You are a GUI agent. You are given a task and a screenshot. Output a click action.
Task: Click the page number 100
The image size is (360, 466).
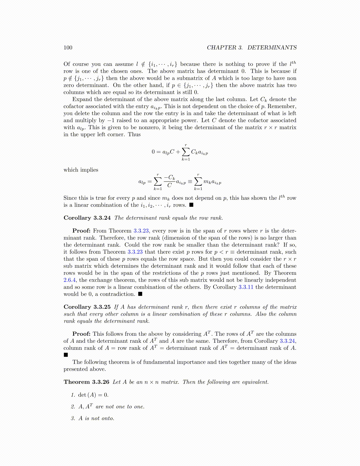(x=68, y=48)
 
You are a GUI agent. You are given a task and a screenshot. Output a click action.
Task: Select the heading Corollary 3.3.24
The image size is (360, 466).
(x=87, y=218)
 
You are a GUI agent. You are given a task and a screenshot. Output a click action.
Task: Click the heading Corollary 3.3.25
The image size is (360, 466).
(x=87, y=307)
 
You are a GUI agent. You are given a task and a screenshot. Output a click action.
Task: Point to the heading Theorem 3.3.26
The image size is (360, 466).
(x=86, y=382)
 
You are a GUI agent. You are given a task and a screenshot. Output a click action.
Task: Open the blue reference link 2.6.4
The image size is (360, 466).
(x=69, y=280)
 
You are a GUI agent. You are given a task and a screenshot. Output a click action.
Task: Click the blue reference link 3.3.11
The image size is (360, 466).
(x=246, y=287)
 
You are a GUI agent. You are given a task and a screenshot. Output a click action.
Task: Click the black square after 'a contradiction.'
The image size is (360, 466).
(x=140, y=294)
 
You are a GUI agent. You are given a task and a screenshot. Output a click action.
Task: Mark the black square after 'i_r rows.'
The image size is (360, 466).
(x=191, y=205)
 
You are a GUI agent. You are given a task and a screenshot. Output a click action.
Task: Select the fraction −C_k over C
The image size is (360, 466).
(x=169, y=181)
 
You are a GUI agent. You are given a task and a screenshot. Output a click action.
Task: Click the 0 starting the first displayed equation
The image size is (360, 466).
(x=153, y=152)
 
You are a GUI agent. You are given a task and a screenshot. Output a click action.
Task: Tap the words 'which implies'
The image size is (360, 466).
(x=81, y=170)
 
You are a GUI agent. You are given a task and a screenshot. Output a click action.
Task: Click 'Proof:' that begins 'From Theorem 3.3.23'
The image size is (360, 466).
(x=81, y=231)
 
